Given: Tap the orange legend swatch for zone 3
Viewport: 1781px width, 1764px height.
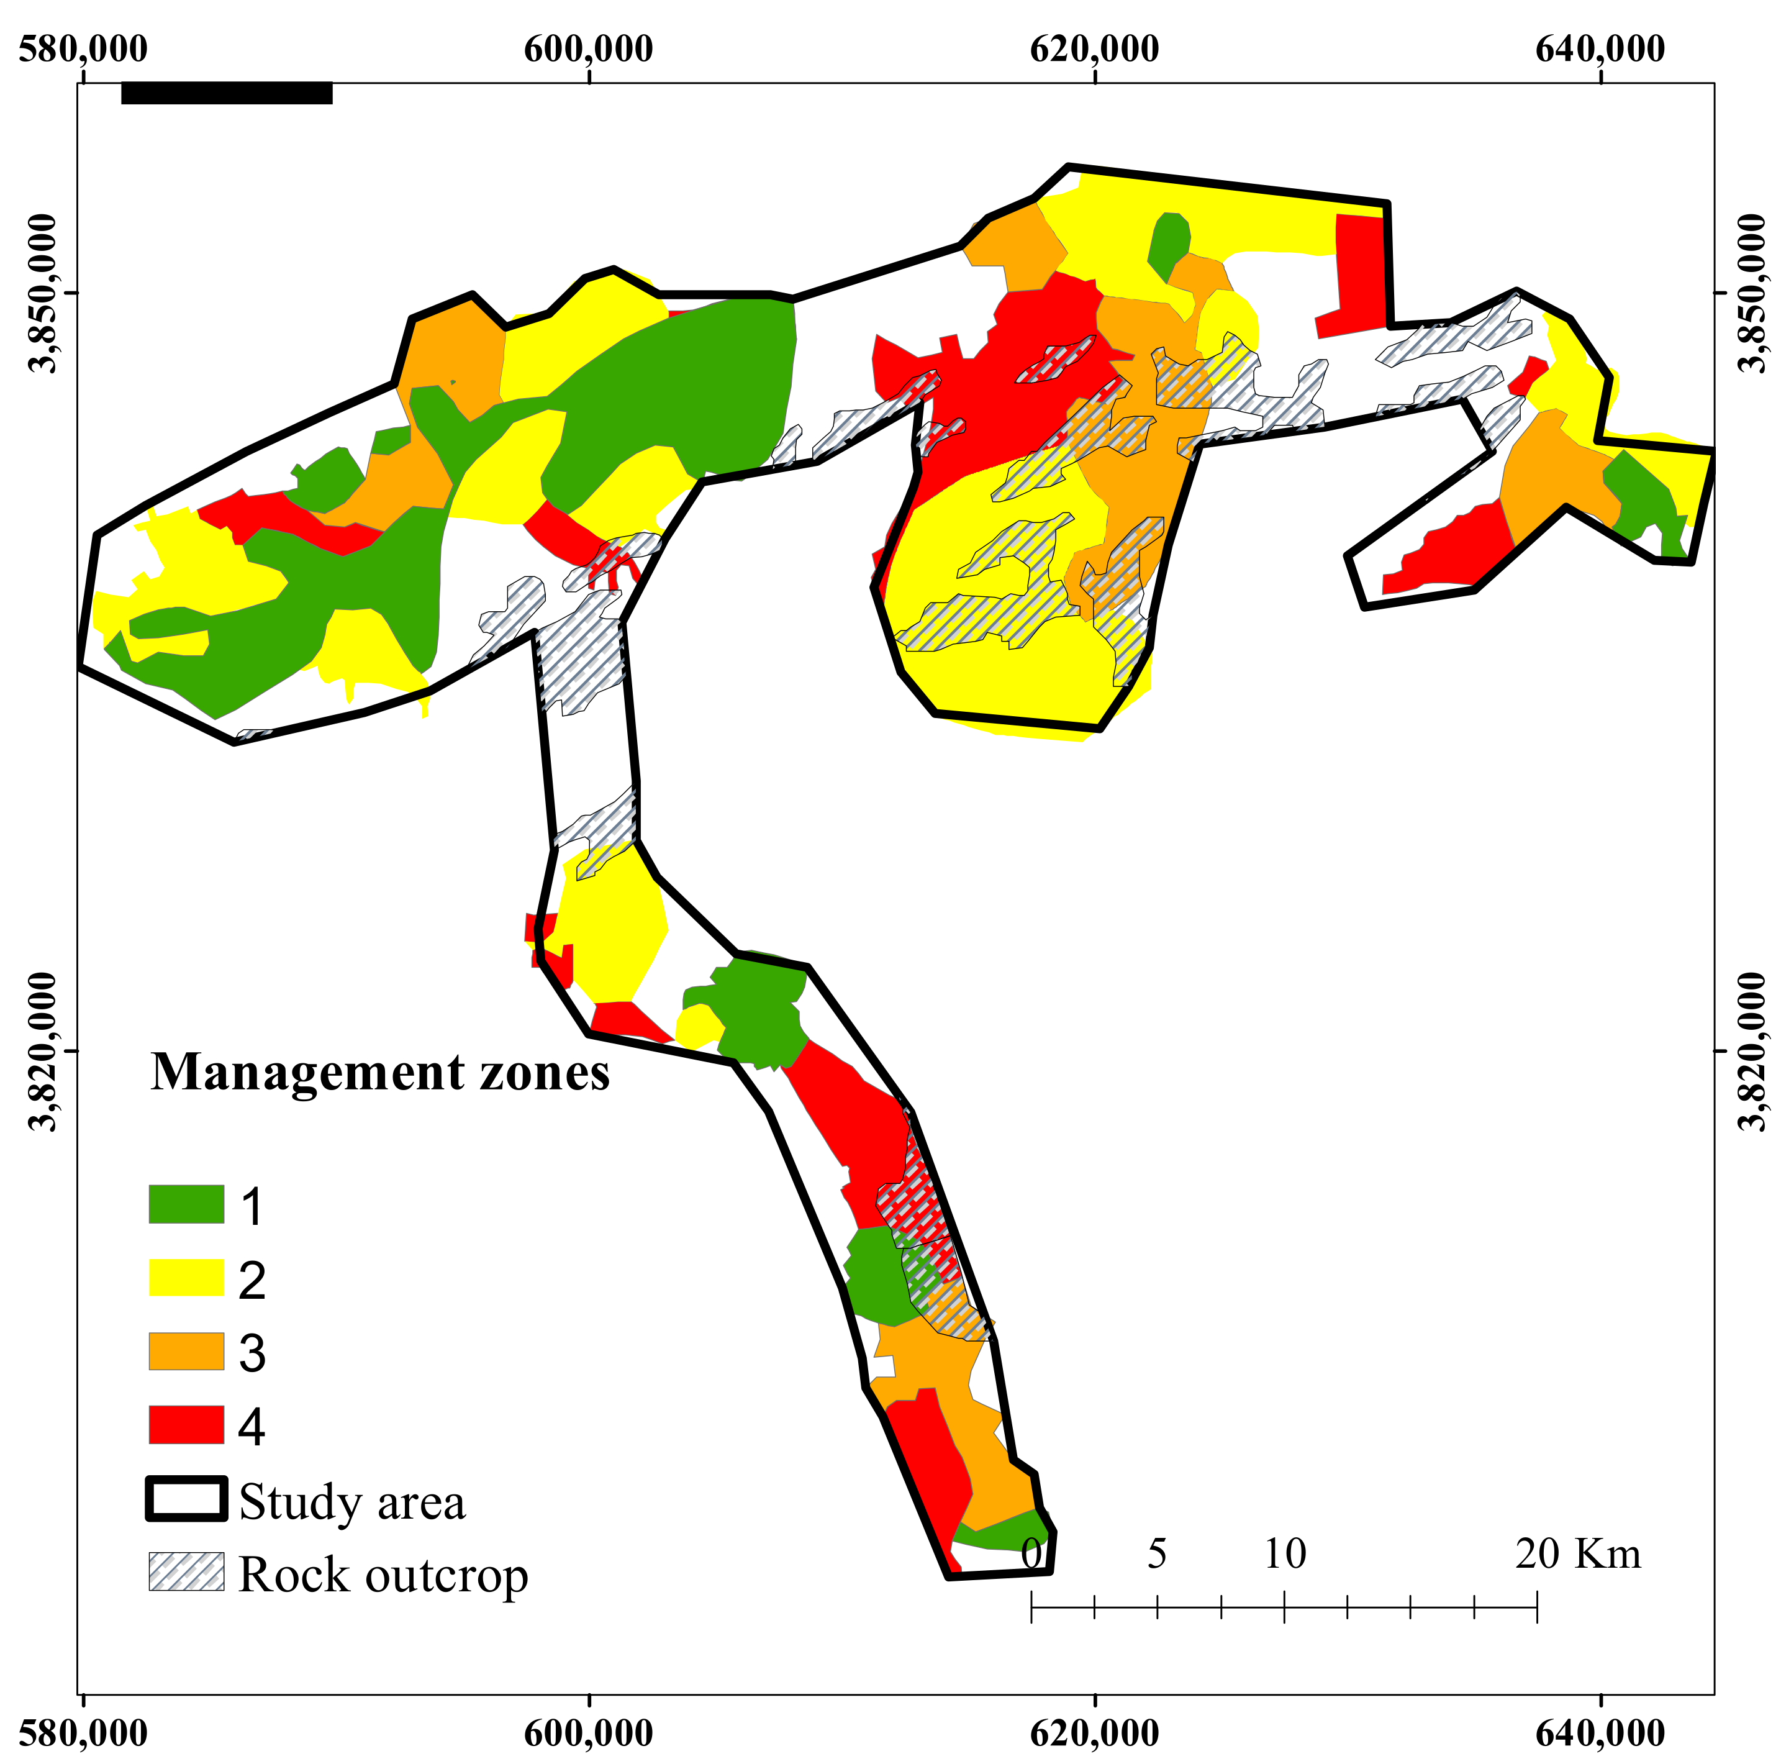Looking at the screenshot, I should [x=186, y=1351].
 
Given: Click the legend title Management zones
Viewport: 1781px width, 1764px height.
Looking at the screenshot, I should [x=380, y=1073].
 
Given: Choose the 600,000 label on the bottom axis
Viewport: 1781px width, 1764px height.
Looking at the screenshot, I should [x=588, y=1733].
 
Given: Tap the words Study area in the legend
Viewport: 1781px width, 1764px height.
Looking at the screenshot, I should [x=352, y=1501].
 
